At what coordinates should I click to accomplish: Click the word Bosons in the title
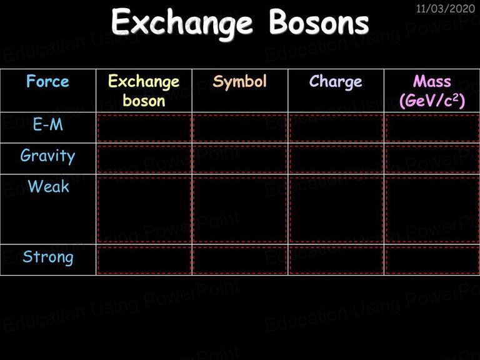[x=319, y=22]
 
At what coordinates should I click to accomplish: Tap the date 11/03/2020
[x=446, y=8]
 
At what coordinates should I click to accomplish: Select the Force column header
[x=47, y=81]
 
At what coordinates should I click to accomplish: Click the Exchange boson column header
[x=144, y=91]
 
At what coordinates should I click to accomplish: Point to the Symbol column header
[x=240, y=82]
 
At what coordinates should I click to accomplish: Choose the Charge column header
[x=336, y=82]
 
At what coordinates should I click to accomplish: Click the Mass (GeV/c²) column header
[x=432, y=91]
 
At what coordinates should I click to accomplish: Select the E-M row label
[x=48, y=124]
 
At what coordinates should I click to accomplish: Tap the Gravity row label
[x=47, y=156]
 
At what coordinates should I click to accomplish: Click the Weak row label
[x=48, y=186]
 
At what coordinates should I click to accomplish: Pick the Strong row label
[x=48, y=257]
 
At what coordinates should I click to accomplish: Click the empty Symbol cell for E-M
[x=240, y=128]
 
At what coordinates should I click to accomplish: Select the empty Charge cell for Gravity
[x=336, y=159]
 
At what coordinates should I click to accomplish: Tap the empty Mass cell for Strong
[x=432, y=260]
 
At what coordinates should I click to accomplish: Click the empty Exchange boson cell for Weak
[x=144, y=209]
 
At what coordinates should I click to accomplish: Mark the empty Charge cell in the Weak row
[x=336, y=209]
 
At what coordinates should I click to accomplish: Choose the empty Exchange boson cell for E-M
[x=144, y=128]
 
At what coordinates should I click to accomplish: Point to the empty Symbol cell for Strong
[x=240, y=260]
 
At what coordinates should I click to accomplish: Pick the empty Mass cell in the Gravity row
[x=432, y=159]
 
